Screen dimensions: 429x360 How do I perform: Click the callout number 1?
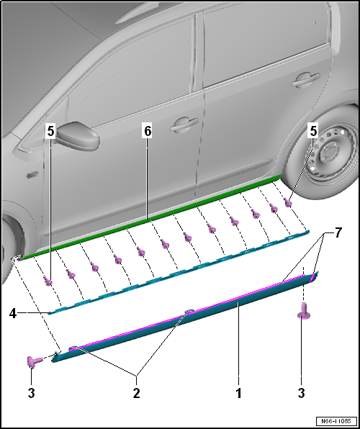point(238,394)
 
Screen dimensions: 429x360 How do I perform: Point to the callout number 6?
point(148,132)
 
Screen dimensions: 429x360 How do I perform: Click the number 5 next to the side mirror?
point(50,131)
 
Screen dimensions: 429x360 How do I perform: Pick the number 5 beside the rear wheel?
point(312,131)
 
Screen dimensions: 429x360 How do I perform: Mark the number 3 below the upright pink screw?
point(302,394)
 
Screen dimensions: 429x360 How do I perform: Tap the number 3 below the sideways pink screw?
point(31,394)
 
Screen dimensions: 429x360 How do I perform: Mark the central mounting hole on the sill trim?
point(188,312)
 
